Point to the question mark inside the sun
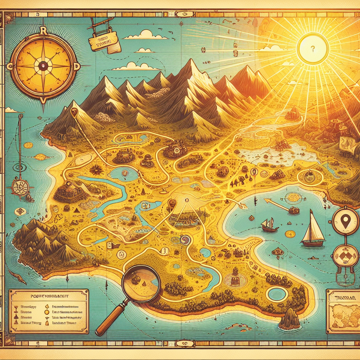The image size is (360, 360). (x=312, y=49)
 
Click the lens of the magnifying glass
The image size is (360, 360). (x=140, y=279)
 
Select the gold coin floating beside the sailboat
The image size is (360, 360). (x=290, y=234)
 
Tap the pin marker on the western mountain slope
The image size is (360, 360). (x=74, y=112)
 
